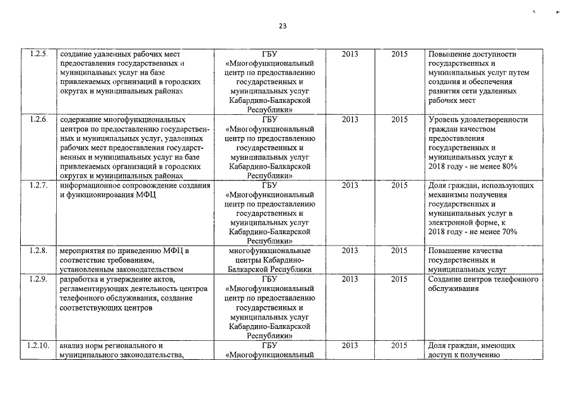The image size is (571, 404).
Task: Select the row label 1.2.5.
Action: click(38, 55)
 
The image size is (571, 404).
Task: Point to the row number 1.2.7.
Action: click(38, 186)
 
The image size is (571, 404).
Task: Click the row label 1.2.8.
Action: click(38, 251)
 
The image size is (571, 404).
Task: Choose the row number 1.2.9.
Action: click(38, 279)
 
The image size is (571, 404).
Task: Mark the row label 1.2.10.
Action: click(38, 345)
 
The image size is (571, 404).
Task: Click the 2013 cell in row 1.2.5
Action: click(350, 55)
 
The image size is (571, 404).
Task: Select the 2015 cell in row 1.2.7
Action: click(399, 186)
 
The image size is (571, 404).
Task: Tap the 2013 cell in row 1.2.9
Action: click(350, 279)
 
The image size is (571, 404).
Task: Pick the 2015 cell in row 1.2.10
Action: click(399, 345)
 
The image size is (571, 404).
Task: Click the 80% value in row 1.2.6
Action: click(510, 166)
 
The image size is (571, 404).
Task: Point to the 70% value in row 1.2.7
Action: click(510, 232)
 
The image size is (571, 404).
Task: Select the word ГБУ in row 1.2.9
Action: click(269, 279)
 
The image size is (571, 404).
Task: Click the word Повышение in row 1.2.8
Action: click(447, 251)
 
